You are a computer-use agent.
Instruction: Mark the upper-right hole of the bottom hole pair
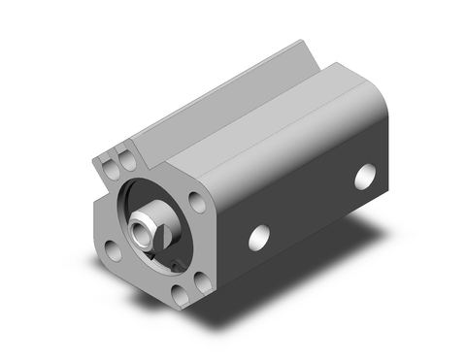pyautogui.click(x=201, y=282)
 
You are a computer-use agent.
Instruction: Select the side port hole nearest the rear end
pyautogui.click(x=365, y=176)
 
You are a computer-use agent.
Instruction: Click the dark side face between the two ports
pyautogui.click(x=311, y=209)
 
